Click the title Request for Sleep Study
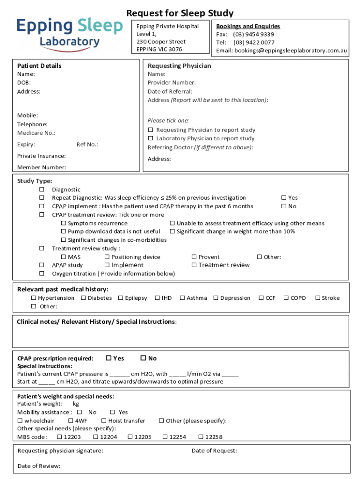(x=180, y=13)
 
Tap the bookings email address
(x=291, y=50)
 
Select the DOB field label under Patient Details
(x=24, y=83)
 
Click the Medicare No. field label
(x=36, y=133)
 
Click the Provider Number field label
(x=172, y=83)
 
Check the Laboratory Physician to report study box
(x=151, y=138)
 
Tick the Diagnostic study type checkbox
(x=42, y=189)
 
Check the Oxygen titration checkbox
(x=42, y=274)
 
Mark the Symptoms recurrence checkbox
(x=64, y=224)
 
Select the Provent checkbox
(x=194, y=257)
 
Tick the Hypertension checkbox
(x=34, y=298)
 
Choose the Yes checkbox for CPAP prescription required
(x=108, y=358)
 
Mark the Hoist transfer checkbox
(x=104, y=421)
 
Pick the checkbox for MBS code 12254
(x=165, y=437)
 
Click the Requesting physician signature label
(x=60, y=451)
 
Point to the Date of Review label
(x=39, y=466)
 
